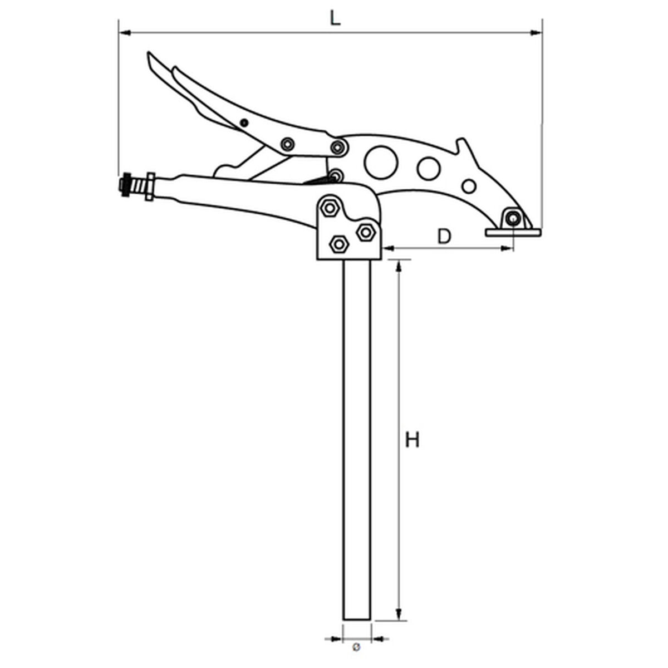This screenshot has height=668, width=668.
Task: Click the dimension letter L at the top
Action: click(x=334, y=18)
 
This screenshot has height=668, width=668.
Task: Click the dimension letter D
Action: click(x=444, y=237)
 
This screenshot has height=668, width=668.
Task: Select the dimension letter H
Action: click(x=412, y=440)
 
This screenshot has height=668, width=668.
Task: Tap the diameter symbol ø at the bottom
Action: click(x=357, y=647)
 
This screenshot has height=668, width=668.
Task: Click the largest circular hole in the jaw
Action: click(x=381, y=162)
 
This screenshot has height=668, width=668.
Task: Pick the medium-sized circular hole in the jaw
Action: click(x=429, y=169)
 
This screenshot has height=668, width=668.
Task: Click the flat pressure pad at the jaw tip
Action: click(x=513, y=232)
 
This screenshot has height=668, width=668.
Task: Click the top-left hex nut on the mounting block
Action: click(x=330, y=208)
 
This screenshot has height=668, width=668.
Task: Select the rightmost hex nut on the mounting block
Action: click(x=366, y=231)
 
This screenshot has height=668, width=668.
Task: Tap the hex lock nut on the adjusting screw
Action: click(x=149, y=186)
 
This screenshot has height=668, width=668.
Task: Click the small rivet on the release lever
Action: click(x=243, y=122)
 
